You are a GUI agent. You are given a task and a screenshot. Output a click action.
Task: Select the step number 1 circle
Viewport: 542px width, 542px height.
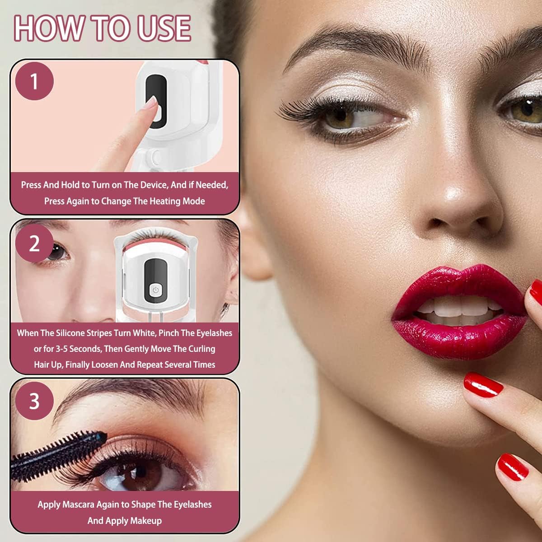[x=34, y=81]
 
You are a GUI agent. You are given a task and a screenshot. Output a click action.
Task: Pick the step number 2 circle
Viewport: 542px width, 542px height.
[x=34, y=243]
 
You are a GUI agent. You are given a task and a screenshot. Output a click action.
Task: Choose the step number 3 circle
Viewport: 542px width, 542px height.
[x=34, y=401]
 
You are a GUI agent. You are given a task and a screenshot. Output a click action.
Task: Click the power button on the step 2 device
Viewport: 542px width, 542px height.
[x=155, y=290]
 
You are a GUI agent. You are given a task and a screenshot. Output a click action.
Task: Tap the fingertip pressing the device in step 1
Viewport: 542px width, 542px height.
[x=151, y=103]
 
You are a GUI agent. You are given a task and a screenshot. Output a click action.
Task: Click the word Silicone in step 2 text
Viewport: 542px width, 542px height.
[x=70, y=333]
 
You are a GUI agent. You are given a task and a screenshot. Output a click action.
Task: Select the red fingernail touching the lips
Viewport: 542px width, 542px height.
[x=536, y=293]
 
